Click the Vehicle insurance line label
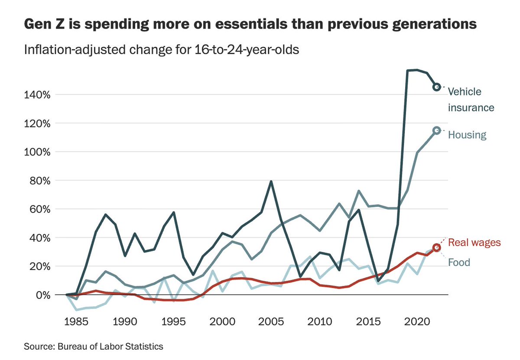(x=471, y=99)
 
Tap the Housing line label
(x=467, y=135)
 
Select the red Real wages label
(x=474, y=242)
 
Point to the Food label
(x=459, y=263)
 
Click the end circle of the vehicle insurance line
(x=437, y=87)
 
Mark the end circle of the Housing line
(x=437, y=130)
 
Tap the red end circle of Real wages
(x=437, y=247)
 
